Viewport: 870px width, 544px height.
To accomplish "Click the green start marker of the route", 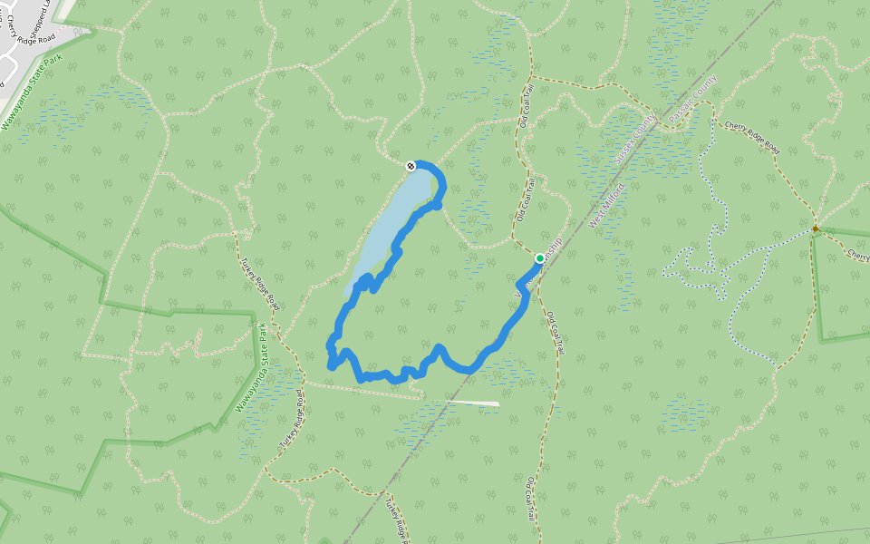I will (540, 258).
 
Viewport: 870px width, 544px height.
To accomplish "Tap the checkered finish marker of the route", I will (411, 165).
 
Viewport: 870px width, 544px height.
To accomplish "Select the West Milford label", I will (608, 206).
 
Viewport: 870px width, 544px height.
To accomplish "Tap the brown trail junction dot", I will (816, 228).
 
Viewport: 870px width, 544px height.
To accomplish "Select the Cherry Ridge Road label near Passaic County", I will (751, 135).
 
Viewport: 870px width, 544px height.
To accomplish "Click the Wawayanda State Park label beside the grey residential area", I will (34, 92).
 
